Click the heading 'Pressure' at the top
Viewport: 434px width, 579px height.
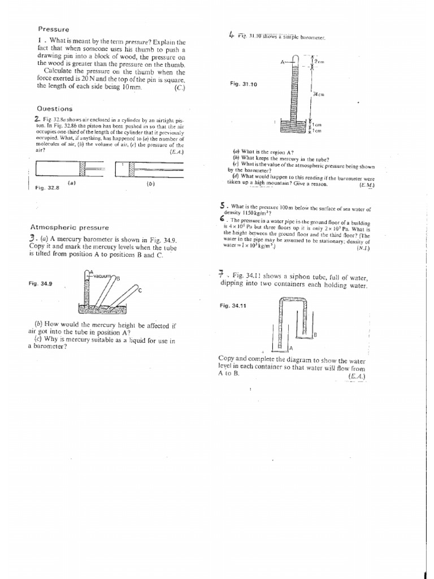[53, 29]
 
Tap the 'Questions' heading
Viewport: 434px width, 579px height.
[55, 109]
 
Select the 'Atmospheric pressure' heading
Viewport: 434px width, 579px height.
[69, 227]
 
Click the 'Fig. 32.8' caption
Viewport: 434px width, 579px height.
[47, 187]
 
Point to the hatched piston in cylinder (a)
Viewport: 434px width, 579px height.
[83, 168]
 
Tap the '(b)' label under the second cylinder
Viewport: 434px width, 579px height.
[150, 184]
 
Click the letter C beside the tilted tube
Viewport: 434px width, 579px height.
[140, 289]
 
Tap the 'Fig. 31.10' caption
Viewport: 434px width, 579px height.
[244, 84]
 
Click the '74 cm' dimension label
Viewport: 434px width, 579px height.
[320, 94]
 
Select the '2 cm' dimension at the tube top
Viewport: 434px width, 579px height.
[319, 61]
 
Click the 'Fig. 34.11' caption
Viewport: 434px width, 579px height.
[233, 305]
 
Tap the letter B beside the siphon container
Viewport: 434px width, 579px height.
[315, 335]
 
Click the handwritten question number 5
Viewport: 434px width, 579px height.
[223, 206]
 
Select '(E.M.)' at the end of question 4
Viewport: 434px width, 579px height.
[366, 184]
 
